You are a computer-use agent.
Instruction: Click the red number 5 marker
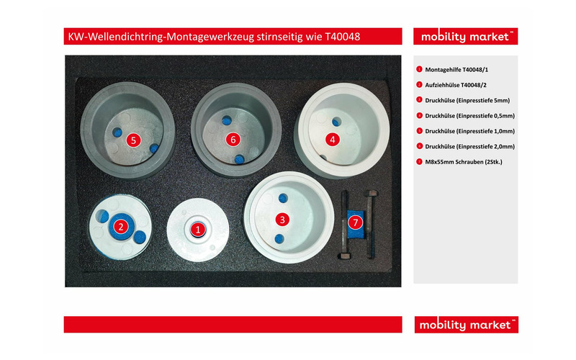click(133, 140)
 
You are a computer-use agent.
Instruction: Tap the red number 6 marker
click(233, 140)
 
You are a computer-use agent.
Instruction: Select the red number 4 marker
click(333, 140)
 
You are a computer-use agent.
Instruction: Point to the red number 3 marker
click(282, 220)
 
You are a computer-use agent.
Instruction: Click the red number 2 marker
click(121, 227)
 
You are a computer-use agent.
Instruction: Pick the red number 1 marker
click(198, 230)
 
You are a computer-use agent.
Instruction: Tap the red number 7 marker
click(355, 222)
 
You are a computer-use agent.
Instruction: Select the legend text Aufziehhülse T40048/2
click(456, 85)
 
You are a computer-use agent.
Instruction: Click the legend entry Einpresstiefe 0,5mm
click(485, 116)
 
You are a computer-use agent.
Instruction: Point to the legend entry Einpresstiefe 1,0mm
click(485, 132)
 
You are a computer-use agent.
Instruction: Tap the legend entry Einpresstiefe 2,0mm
click(485, 147)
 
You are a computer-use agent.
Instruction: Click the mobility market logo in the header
click(465, 37)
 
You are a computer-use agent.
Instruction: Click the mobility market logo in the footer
click(466, 325)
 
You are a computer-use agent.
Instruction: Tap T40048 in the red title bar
click(343, 37)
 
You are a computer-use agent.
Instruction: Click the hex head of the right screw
click(372, 193)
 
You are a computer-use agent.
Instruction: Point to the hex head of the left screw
click(345, 256)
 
